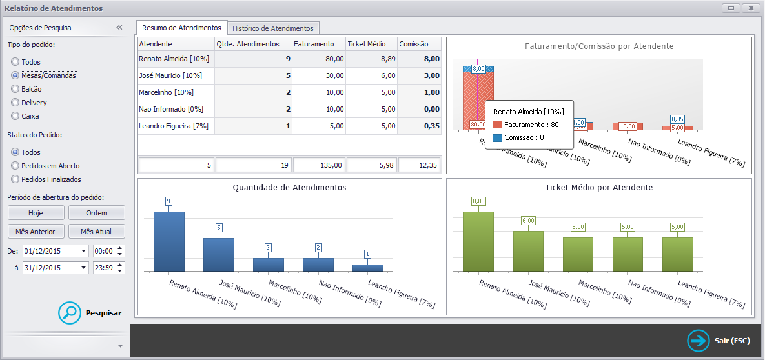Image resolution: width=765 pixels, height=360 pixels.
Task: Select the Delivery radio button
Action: [x=15, y=103]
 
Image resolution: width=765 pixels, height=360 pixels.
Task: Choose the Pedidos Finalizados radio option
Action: [x=15, y=179]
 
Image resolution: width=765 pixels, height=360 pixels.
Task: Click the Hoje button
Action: [x=36, y=213]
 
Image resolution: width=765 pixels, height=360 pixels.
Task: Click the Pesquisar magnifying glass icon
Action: [x=70, y=313]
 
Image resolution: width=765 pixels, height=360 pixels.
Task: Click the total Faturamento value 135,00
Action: [x=320, y=165]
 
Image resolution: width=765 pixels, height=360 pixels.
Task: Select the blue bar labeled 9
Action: [x=168, y=241]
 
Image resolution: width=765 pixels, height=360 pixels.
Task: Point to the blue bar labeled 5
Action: [x=219, y=255]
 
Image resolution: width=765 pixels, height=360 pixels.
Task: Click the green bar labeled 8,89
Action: [x=478, y=241]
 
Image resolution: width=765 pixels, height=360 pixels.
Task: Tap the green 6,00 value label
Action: [x=528, y=220]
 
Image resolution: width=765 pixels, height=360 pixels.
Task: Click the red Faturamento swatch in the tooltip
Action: [x=497, y=125]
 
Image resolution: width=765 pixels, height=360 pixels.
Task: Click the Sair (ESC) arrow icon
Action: [x=699, y=341]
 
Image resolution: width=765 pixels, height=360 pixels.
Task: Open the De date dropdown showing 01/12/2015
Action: [x=84, y=251]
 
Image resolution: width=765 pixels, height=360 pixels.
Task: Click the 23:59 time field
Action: [x=105, y=268]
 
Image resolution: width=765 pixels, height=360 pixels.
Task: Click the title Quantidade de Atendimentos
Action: [x=289, y=187]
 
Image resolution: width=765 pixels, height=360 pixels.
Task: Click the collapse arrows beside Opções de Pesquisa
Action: [x=119, y=28]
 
